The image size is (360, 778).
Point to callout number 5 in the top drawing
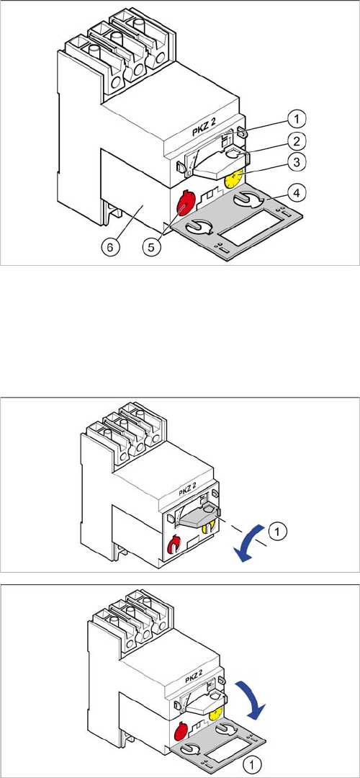(x=152, y=246)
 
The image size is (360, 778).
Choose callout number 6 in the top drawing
(x=111, y=246)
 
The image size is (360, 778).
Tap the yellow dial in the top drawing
(x=233, y=178)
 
